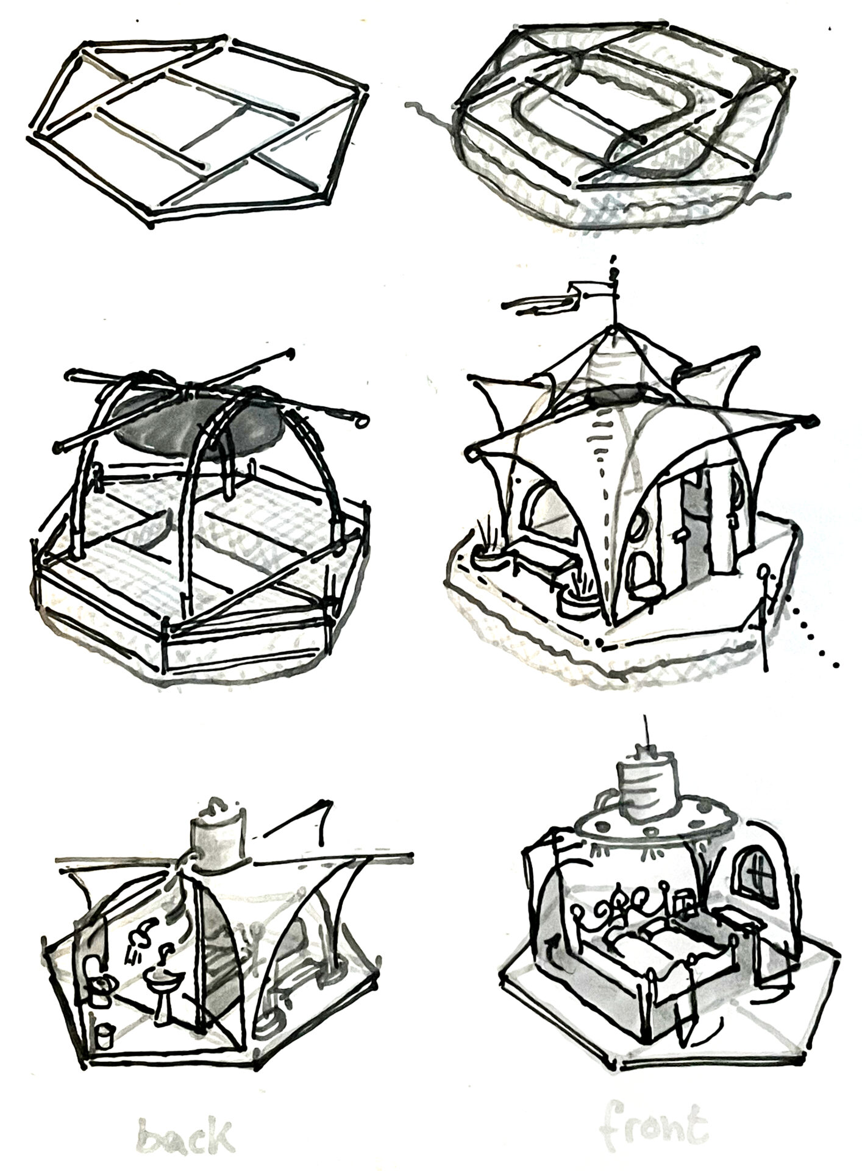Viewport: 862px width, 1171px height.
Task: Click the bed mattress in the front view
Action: click(x=658, y=952)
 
